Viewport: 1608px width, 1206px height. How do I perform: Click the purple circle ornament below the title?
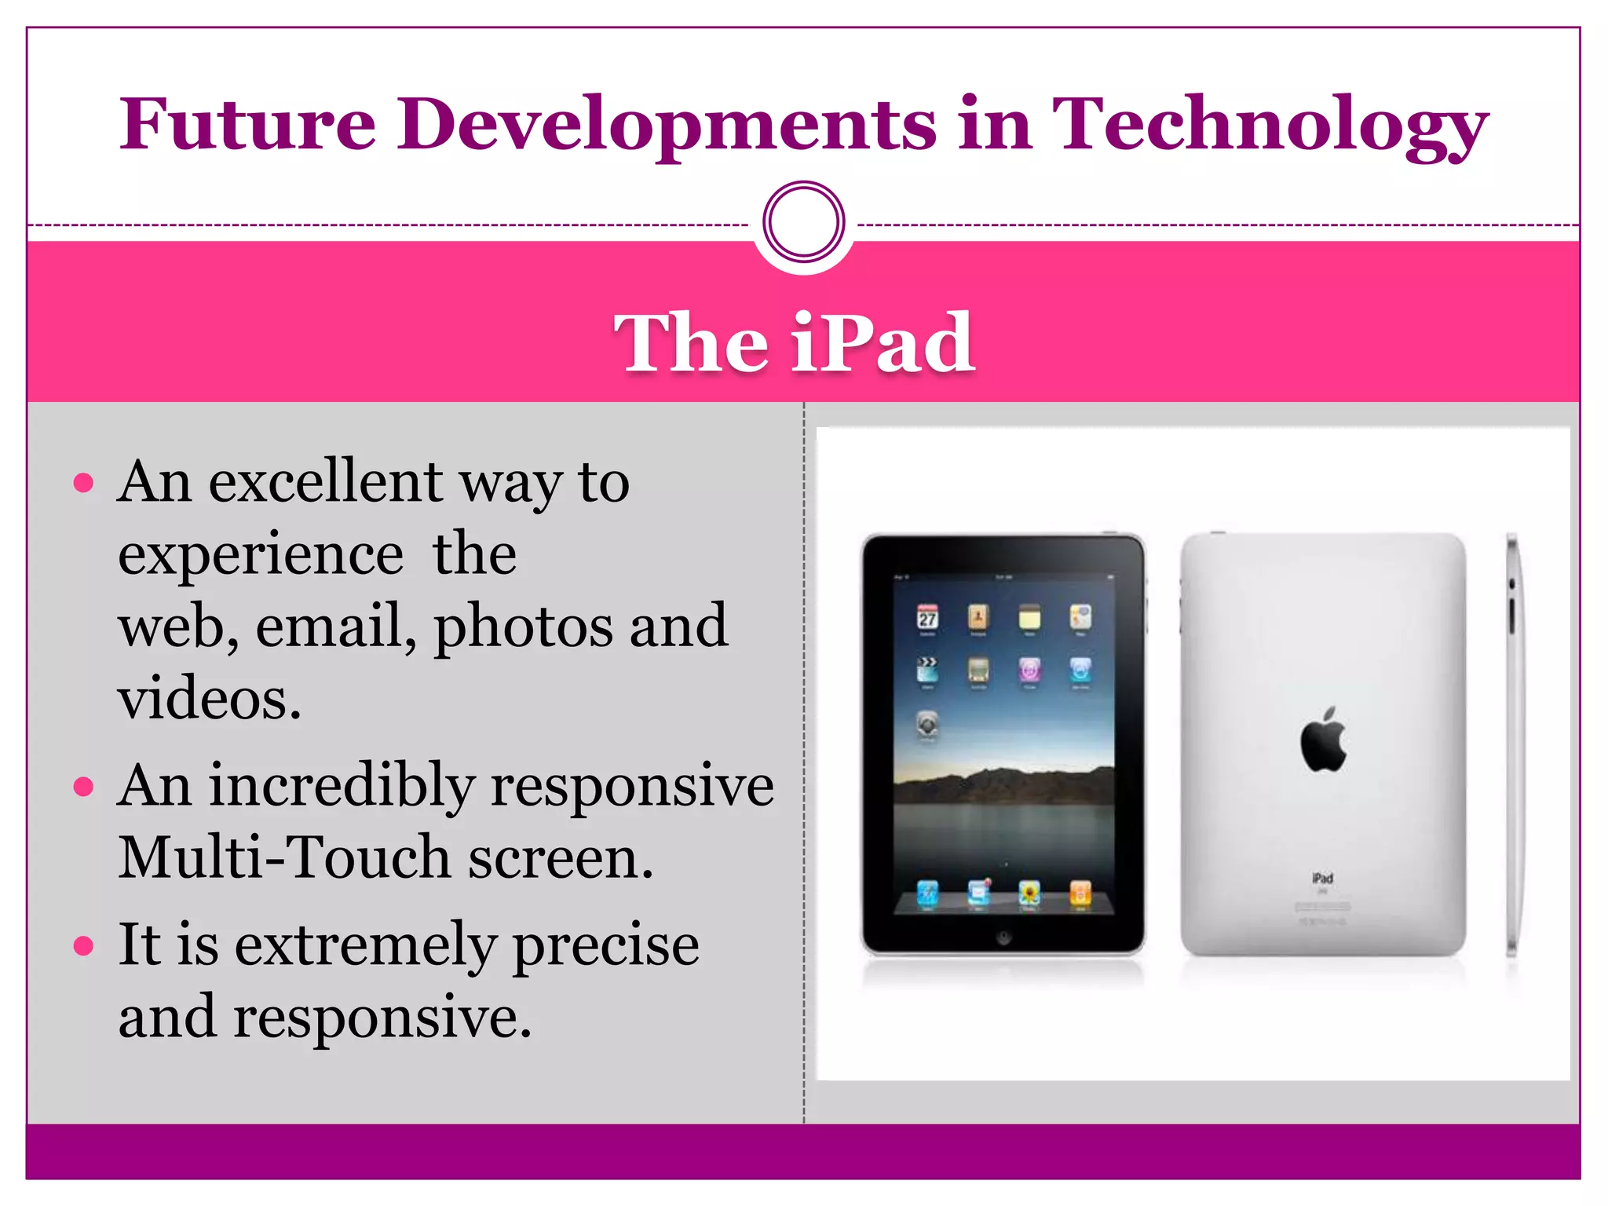pyautogui.click(x=803, y=221)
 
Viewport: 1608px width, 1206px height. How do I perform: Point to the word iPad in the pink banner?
pyautogui.click(x=883, y=342)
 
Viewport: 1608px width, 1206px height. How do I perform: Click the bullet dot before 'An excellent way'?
pyautogui.click(x=83, y=482)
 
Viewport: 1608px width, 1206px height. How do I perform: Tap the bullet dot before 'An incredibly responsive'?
pyautogui.click(x=83, y=786)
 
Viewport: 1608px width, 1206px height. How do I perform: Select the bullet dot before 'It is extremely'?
pyautogui.click(x=83, y=945)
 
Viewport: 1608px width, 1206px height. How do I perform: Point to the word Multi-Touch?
pyautogui.click(x=283, y=857)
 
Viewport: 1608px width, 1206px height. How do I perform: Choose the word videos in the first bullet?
pyautogui.click(x=209, y=698)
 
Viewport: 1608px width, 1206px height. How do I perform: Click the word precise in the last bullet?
pyautogui.click(x=605, y=945)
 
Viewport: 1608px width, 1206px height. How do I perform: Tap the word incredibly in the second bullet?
pyautogui.click(x=342, y=785)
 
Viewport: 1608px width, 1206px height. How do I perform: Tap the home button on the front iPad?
pyautogui.click(x=1003, y=937)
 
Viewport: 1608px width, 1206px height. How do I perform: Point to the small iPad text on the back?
pyautogui.click(x=1322, y=878)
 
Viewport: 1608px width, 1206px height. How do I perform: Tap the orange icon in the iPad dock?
pyautogui.click(x=1080, y=894)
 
